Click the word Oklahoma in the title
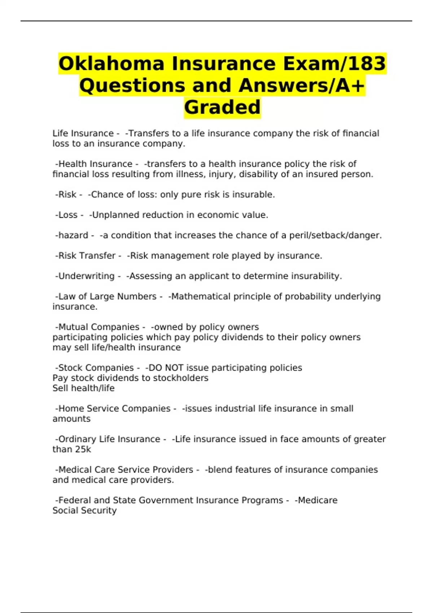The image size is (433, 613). pos(111,64)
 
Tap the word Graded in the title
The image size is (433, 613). pos(222,107)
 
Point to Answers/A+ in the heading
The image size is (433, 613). pos(301,86)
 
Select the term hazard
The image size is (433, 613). pos(73,235)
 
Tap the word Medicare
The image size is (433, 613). pos(318,500)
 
